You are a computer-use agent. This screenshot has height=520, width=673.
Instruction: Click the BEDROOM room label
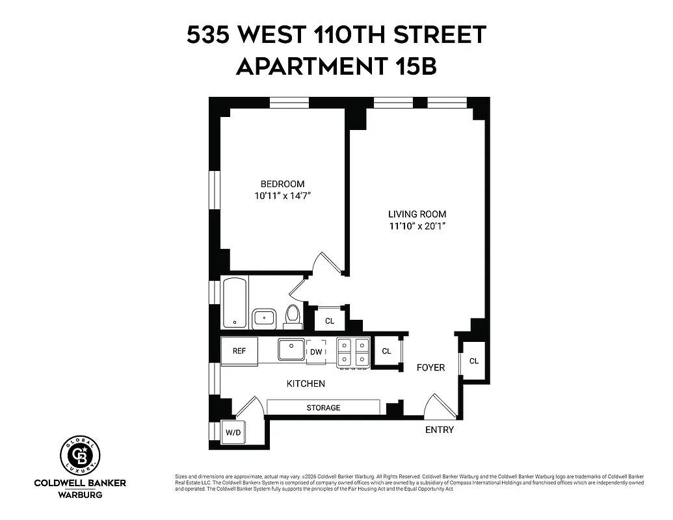click(282, 184)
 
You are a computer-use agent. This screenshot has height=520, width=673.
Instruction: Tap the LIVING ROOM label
click(417, 214)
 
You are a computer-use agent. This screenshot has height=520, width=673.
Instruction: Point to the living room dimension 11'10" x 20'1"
click(417, 226)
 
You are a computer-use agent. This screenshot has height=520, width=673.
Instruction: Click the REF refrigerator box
click(239, 351)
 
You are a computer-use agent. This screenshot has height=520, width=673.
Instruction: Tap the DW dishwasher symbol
click(316, 352)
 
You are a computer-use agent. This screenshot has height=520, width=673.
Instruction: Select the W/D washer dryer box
click(232, 432)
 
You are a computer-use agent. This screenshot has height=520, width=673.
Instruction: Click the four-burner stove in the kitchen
click(353, 352)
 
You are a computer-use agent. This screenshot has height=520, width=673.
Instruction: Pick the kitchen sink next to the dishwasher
click(292, 350)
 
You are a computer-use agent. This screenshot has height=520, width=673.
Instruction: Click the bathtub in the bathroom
click(234, 303)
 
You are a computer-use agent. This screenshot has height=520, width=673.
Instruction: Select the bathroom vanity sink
click(264, 318)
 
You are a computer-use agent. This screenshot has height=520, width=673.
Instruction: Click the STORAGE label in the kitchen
click(323, 408)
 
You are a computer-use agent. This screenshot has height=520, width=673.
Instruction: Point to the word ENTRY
click(440, 430)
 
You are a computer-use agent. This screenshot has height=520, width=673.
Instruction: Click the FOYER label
click(430, 368)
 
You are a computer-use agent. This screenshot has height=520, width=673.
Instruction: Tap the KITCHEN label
click(306, 383)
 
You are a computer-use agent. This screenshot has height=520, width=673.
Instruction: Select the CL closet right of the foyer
click(473, 361)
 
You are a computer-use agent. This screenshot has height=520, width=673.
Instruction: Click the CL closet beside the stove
click(387, 351)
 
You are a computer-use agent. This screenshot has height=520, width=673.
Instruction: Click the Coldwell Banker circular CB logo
click(80, 455)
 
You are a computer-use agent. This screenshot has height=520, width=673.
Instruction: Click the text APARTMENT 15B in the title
click(336, 66)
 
